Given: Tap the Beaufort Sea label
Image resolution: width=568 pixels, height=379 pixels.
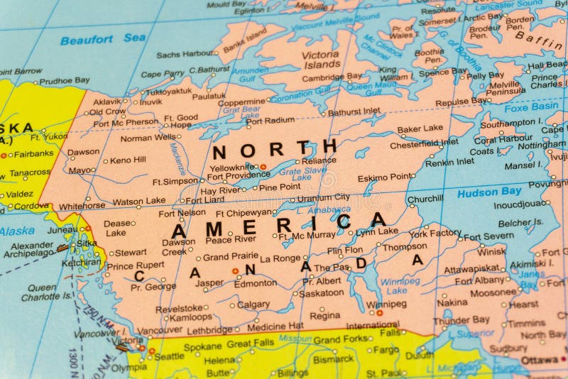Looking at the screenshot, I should coord(103,39).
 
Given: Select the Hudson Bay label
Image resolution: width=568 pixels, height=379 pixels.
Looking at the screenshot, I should coord(489,192).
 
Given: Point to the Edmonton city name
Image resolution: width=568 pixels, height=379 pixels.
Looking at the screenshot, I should coord(256,283).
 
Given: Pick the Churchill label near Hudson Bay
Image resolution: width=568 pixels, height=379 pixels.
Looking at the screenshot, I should coord(425,199).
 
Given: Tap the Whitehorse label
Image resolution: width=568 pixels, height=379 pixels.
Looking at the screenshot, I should coord(82,207).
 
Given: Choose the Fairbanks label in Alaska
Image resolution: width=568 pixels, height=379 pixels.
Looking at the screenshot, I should coord(33,153).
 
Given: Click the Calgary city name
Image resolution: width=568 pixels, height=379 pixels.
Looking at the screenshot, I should coord(253,304).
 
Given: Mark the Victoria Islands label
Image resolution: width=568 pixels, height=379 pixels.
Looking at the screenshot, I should coord(320,60).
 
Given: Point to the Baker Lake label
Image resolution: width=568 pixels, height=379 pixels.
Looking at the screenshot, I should coord(420,129).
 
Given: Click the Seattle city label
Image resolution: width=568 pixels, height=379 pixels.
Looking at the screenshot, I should coord(169,356).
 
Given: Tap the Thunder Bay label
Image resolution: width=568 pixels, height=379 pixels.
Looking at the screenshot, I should coord(461,320).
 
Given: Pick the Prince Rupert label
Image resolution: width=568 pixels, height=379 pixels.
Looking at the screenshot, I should coord(135,266).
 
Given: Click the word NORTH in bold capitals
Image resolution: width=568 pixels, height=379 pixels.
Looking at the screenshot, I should coord(274,150).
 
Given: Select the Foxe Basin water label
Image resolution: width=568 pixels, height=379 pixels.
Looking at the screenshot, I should coord(531,107).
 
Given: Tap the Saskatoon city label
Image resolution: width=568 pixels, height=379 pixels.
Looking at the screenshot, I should coord(322,292).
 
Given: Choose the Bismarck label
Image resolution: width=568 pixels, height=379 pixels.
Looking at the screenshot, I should coord(333,359).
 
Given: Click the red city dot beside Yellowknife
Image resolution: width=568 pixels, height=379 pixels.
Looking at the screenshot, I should coord(263,167).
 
